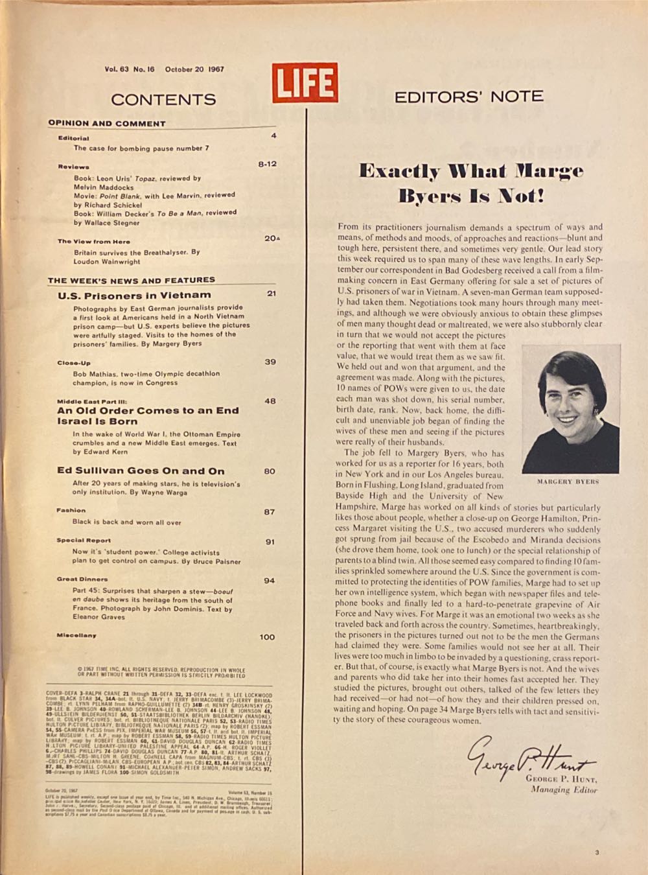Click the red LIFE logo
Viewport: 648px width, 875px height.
pyautogui.click(x=305, y=82)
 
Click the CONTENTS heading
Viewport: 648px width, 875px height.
pyautogui.click(x=163, y=99)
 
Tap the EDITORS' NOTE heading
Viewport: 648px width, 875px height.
pyautogui.click(x=469, y=97)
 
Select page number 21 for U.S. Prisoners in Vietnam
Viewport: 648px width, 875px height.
pyautogui.click(x=272, y=294)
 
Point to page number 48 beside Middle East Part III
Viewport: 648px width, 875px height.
pyautogui.click(x=270, y=401)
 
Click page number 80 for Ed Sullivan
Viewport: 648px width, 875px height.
pyautogui.click(x=270, y=471)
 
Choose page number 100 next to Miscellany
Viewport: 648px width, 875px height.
pyautogui.click(x=267, y=637)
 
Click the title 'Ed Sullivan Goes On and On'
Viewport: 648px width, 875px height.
pyautogui.click(x=141, y=471)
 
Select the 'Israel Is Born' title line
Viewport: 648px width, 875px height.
pyautogui.click(x=97, y=421)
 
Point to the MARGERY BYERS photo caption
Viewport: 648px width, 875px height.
pyautogui.click(x=568, y=482)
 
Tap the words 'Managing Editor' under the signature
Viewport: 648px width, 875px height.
pyautogui.click(x=564, y=789)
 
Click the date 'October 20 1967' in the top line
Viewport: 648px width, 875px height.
pyautogui.click(x=194, y=69)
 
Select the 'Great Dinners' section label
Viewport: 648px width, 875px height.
pyautogui.click(x=82, y=579)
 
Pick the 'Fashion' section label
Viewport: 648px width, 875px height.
pyautogui.click(x=71, y=510)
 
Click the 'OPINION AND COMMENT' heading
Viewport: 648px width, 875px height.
pyautogui.click(x=107, y=123)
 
